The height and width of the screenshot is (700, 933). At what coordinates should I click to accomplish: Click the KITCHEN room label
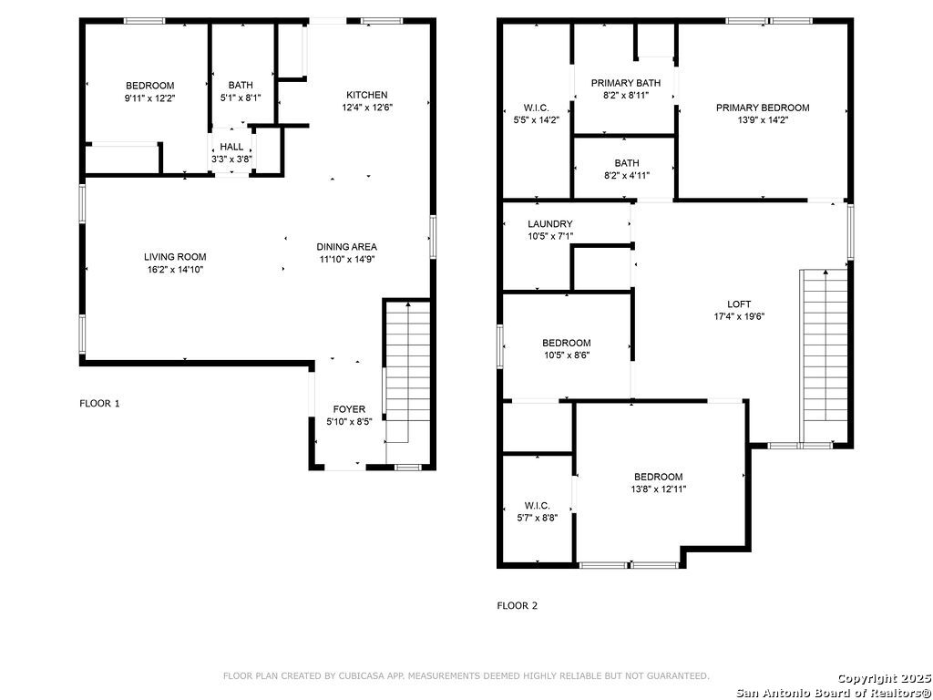coord(367,95)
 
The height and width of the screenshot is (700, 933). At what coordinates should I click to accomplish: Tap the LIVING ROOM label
coord(175,257)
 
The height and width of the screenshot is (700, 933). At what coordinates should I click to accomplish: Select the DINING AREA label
coord(346,246)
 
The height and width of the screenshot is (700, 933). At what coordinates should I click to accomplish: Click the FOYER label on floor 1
coord(349,409)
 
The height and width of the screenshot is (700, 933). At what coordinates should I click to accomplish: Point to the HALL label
coord(231,147)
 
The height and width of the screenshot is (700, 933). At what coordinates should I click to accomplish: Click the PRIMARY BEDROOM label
coord(763,108)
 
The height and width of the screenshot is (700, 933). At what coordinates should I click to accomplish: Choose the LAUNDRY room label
coord(549,224)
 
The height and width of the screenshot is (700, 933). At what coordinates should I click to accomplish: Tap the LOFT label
coord(738,304)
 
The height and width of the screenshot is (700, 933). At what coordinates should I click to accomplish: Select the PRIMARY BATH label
coord(625,83)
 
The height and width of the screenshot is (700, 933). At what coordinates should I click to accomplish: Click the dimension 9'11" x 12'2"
coord(149,98)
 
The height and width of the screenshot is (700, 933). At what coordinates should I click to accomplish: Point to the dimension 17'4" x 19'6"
coord(738,316)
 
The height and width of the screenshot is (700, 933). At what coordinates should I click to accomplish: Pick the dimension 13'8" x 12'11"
coord(658,489)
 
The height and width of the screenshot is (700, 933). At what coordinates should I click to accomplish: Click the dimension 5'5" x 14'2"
coord(536,119)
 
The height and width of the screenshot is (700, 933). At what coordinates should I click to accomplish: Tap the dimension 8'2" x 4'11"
coord(627,176)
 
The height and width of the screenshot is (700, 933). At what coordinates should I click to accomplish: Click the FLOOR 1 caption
coord(99,404)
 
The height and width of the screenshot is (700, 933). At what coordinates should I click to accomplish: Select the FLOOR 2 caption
coord(518,606)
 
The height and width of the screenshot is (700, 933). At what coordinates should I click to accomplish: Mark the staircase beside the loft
coord(825,356)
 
